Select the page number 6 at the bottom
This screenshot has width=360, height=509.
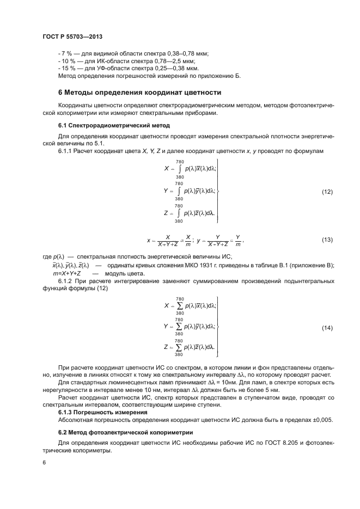tap(44, 463)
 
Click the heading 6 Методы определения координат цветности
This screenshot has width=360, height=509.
tap(139, 92)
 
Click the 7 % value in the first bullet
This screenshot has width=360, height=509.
tap(66, 53)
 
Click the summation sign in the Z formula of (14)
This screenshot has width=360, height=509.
tap(179, 347)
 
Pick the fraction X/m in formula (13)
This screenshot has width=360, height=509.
tap(187, 240)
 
